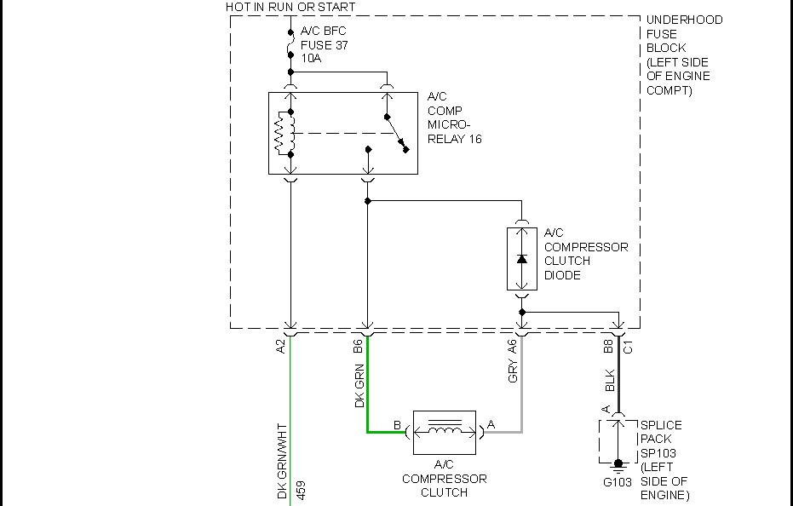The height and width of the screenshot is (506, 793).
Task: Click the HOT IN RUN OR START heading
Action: (x=290, y=7)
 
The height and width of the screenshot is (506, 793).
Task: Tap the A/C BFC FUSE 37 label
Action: (x=325, y=44)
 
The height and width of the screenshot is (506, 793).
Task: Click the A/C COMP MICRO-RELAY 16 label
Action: (x=454, y=118)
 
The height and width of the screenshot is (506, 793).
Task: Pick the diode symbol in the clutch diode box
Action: (x=522, y=258)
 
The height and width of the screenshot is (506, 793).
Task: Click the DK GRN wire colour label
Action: (x=359, y=386)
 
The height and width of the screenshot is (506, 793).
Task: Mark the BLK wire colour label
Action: (x=609, y=380)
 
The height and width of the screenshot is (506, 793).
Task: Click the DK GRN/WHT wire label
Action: (x=282, y=461)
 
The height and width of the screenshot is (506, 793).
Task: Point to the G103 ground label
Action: (x=618, y=482)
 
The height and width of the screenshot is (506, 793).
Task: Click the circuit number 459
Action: (x=301, y=492)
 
